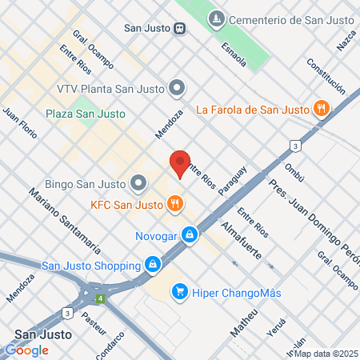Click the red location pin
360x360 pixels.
click(x=180, y=164)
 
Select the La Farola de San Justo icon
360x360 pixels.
click(x=321, y=109)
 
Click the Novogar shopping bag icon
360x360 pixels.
click(x=190, y=234)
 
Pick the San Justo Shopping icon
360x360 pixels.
click(x=152, y=263)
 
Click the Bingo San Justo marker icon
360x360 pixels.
click(x=138, y=183)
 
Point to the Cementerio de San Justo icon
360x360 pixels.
click(x=216, y=18)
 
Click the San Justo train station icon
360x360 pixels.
click(x=180, y=27)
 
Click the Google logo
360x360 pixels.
click(x=26, y=350)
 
